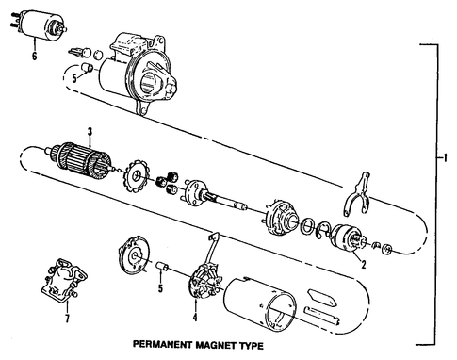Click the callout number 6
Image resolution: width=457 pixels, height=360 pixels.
[x=34, y=56]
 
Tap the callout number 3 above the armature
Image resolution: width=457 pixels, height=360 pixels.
[x=90, y=132]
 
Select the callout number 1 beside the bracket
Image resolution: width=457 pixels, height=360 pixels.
[x=445, y=158]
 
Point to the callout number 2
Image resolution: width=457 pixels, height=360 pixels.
[x=364, y=265]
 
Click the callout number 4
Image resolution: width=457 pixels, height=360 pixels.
[x=195, y=318]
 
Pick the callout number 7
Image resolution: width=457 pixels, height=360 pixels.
[x=67, y=319]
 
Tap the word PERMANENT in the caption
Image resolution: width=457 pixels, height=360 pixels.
[x=162, y=344]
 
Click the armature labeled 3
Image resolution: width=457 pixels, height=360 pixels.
[x=81, y=161]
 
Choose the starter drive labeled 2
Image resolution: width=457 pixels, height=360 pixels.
[x=348, y=238]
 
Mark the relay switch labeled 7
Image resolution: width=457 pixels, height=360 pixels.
[x=64, y=280]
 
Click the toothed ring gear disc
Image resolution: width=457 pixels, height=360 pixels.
[x=137, y=177]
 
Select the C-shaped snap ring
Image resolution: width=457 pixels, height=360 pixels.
[x=323, y=231]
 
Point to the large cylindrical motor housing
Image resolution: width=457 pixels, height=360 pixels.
[x=283, y=304]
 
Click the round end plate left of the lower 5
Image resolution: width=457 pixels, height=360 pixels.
[x=135, y=256]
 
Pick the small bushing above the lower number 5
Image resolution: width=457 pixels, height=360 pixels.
[x=163, y=266]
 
